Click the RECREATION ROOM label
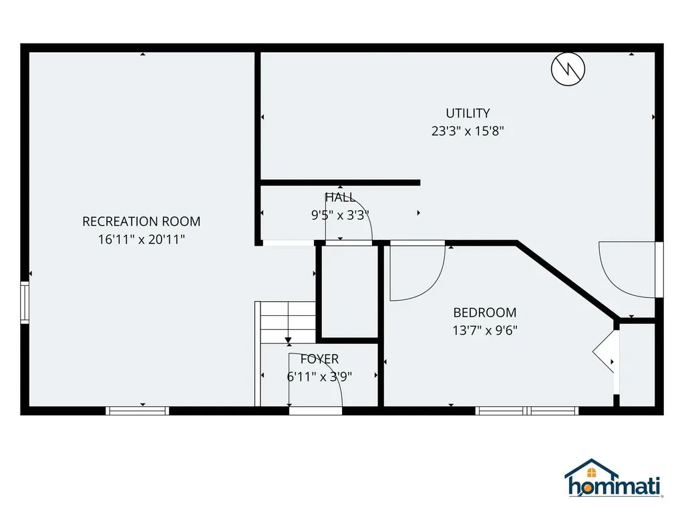tap(142, 222)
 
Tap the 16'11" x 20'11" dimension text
tap(142, 240)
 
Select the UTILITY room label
tap(468, 114)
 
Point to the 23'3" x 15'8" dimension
tap(468, 131)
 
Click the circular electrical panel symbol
tap(568, 69)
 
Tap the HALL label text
tap(340, 198)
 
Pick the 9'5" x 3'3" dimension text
tap(340, 215)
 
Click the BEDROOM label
tap(485, 313)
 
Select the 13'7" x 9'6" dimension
tap(485, 330)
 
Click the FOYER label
tap(319, 359)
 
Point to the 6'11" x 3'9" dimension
tap(319, 377)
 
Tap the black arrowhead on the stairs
tap(288, 340)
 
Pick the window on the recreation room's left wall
tap(25, 303)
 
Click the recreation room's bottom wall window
tap(138, 411)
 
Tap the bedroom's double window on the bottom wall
tap(527, 411)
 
